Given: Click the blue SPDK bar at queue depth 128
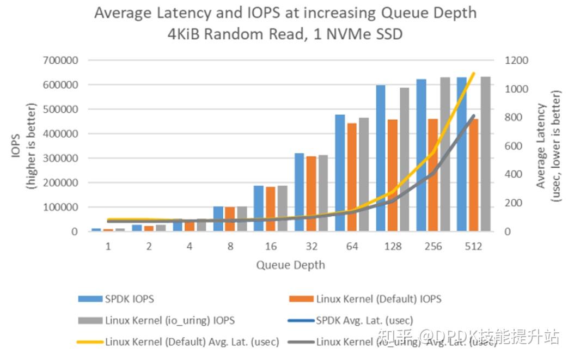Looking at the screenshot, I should click(380, 158).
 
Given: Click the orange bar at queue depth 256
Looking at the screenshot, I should click(433, 175).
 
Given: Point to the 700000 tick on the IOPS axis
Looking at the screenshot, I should click(60, 60).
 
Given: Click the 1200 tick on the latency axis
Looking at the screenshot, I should click(516, 60).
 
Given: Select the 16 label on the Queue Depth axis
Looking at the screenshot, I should click(270, 246).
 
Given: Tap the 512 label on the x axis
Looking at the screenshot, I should click(473, 246).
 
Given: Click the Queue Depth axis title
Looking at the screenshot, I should click(290, 265).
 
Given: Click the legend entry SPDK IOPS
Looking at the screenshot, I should click(129, 298).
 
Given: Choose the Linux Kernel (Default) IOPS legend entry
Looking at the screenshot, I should click(378, 298).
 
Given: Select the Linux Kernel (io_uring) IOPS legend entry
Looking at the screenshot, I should click(170, 320).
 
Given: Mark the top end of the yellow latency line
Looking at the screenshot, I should click(474, 73).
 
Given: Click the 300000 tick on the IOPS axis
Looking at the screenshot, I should click(60, 158).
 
